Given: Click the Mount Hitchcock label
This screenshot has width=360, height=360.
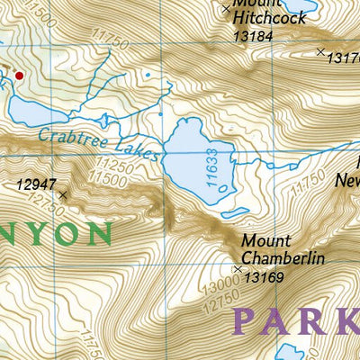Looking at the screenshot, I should [268, 11].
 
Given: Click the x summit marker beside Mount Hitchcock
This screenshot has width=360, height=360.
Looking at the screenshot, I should [225, 8].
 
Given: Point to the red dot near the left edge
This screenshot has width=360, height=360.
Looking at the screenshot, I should [18, 76].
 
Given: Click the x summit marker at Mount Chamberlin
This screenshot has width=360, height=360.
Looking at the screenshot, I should [238, 269].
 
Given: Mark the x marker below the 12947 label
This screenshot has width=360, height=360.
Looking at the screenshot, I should [62, 194].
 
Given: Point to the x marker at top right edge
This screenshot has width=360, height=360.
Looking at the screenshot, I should [320, 52].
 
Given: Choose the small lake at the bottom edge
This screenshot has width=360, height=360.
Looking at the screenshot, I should [292, 352].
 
